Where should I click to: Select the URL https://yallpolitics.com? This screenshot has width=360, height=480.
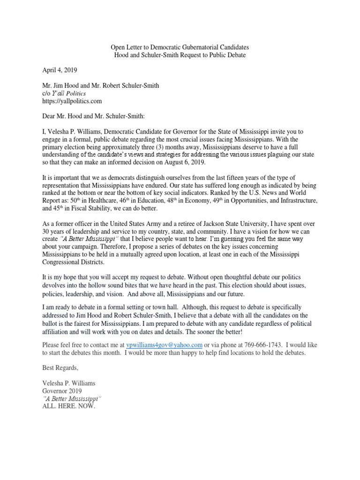click(72, 101)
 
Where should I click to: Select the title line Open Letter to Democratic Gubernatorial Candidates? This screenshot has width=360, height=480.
click(180, 47)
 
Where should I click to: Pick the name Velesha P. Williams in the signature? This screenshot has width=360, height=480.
click(69, 383)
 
